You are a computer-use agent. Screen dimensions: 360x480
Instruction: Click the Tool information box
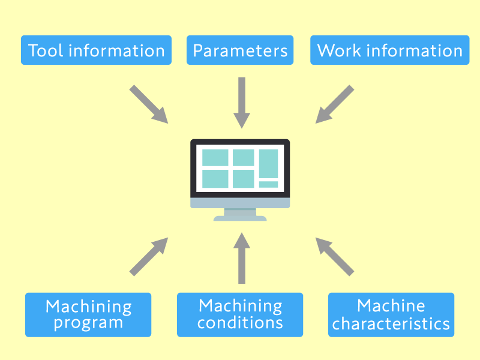coord(96,50)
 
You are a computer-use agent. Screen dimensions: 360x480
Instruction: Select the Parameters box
coord(240,50)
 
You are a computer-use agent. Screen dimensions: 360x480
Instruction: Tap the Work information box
coord(389,50)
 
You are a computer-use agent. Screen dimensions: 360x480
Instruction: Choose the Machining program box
coord(88,314)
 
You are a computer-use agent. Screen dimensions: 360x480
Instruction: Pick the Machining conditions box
coord(240,314)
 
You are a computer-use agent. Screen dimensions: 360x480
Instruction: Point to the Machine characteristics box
coord(391,314)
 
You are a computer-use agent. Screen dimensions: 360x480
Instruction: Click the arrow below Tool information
coord(149,104)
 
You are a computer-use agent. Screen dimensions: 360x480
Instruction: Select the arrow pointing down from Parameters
coord(241,102)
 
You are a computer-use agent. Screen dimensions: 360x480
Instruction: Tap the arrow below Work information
coord(334,104)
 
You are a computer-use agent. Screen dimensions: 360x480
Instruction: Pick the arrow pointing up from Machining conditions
coord(241,258)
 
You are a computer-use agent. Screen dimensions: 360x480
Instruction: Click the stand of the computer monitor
coord(240,214)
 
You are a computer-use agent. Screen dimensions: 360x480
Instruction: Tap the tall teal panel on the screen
coord(268,164)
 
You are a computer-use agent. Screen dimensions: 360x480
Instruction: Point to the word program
coord(88,323)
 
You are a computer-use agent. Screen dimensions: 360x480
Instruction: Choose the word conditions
coord(240,323)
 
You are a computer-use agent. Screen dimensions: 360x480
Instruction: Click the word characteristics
coord(391,325)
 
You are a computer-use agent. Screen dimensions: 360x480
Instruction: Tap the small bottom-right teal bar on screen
coord(268,184)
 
